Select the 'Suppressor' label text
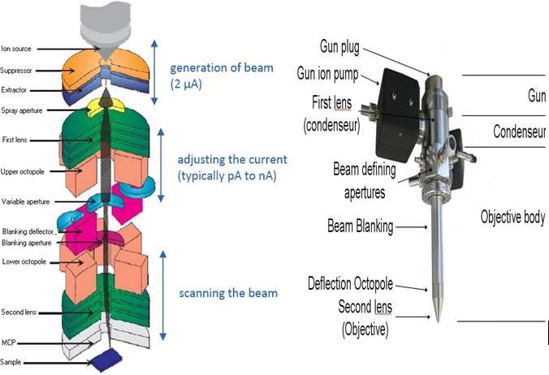(x=16, y=70)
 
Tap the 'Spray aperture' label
(x=20, y=110)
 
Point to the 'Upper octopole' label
(x=21, y=171)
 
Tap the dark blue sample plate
(x=106, y=359)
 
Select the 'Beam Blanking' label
(x=358, y=227)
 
